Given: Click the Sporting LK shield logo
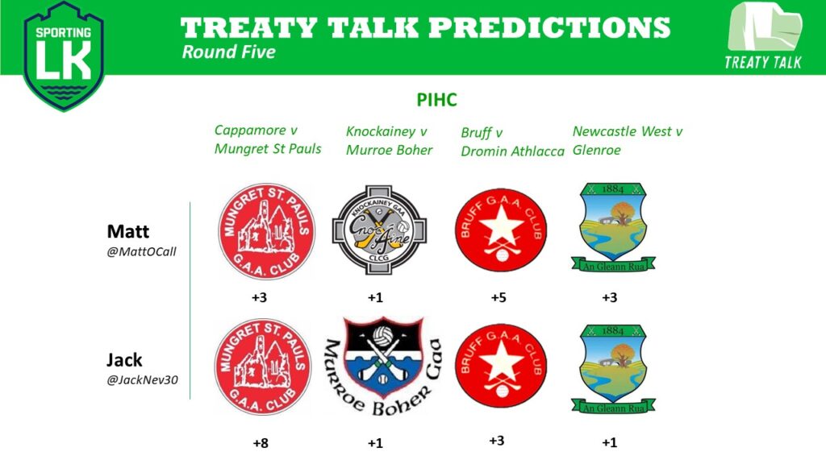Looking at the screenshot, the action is [x=64, y=56].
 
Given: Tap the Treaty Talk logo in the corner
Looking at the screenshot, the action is [x=765, y=35].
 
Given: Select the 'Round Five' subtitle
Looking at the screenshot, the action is [x=228, y=52].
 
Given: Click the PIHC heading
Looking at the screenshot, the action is [x=436, y=99].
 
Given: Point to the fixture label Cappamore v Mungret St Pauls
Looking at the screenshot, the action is [x=268, y=140].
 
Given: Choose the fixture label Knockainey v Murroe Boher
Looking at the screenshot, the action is [x=390, y=141].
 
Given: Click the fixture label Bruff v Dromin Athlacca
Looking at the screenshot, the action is [x=512, y=142].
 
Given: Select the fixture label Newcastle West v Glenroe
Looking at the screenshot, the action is [x=628, y=140].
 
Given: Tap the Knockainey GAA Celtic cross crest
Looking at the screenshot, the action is [x=379, y=230].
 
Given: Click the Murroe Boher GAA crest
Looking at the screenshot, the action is [x=383, y=367].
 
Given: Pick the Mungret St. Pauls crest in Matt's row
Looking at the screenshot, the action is [x=266, y=231].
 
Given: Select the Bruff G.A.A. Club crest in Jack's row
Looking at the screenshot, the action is [x=501, y=367].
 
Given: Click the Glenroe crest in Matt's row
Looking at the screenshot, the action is [x=613, y=227].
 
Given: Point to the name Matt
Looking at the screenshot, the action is [x=128, y=231].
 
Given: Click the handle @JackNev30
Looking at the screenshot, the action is [x=142, y=380].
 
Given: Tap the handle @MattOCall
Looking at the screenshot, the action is [x=141, y=251].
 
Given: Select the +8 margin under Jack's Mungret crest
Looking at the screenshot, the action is [x=261, y=443].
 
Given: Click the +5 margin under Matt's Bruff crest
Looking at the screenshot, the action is [x=499, y=298].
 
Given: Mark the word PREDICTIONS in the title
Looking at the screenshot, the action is [x=550, y=27].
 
